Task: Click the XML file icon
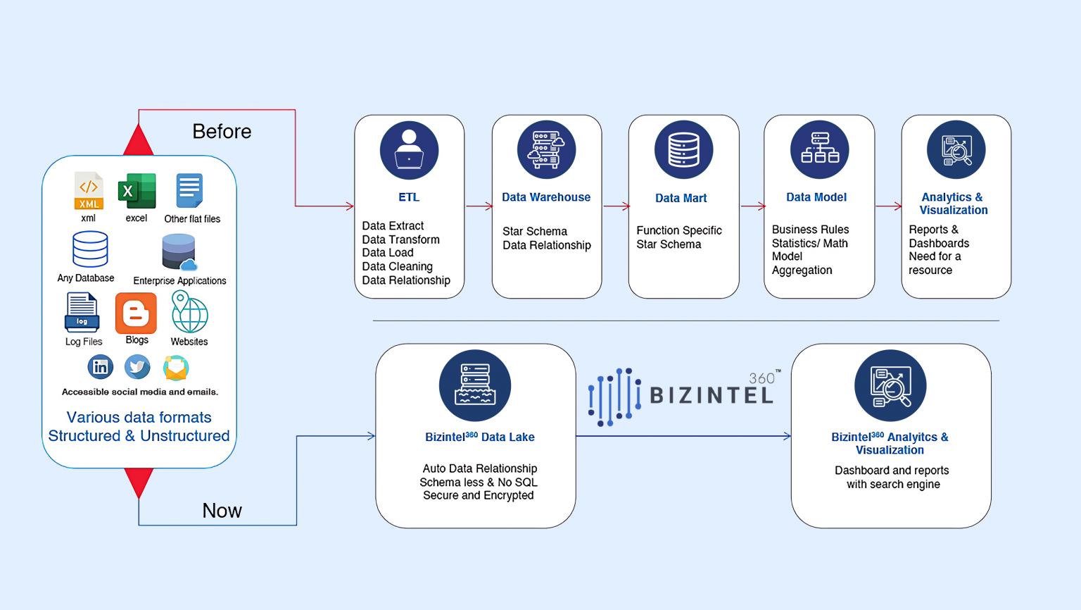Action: (x=89, y=191)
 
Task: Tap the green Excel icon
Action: (x=137, y=191)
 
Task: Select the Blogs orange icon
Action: (x=136, y=313)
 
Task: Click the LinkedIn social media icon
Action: (x=100, y=366)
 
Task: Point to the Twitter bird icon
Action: (x=137, y=366)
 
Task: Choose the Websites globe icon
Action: (x=189, y=313)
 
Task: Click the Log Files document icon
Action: (x=82, y=313)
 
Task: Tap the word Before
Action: (x=222, y=132)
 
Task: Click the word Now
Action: (x=222, y=511)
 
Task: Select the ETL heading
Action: (x=409, y=197)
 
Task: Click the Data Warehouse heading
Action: (x=546, y=197)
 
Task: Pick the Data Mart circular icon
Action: (x=683, y=150)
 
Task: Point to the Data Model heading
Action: (x=816, y=197)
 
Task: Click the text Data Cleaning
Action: (x=397, y=266)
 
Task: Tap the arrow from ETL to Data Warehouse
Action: (x=479, y=206)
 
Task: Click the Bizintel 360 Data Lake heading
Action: (x=480, y=437)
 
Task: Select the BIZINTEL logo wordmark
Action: (x=711, y=395)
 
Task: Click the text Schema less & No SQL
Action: (x=479, y=483)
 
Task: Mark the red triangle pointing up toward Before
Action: (x=139, y=141)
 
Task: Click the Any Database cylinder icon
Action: (x=90, y=249)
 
